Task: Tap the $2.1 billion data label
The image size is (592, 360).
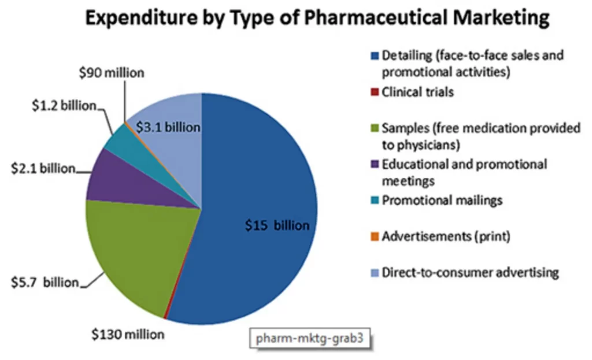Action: [x=43, y=168]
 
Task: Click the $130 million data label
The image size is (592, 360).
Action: [x=128, y=334]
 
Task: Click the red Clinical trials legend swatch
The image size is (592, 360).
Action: [x=374, y=92]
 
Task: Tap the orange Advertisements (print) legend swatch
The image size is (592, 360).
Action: [x=374, y=236]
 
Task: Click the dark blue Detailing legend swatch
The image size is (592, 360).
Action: [x=374, y=56]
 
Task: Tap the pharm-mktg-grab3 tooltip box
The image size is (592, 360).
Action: [x=310, y=339]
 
